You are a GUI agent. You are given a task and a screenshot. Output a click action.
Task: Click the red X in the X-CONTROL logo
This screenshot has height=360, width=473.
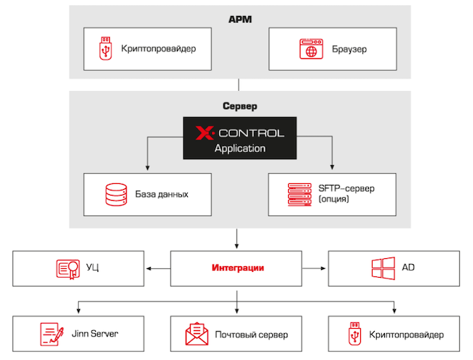pyautogui.click(x=204, y=133)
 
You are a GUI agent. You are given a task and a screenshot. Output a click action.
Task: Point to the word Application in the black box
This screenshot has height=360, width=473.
pyautogui.click(x=240, y=148)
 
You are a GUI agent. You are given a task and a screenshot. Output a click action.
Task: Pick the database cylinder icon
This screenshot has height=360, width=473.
pyautogui.click(x=114, y=194)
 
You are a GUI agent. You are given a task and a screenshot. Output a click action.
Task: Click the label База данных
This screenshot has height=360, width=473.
pyautogui.click(x=162, y=194)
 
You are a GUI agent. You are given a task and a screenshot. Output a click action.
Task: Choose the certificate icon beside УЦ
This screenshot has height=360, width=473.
pyautogui.click(x=67, y=268)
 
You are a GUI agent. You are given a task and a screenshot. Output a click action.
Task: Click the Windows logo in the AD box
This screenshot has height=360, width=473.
pyautogui.click(x=383, y=268)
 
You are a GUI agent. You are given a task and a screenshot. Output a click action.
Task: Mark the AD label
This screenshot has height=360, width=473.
pyautogui.click(x=408, y=268)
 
